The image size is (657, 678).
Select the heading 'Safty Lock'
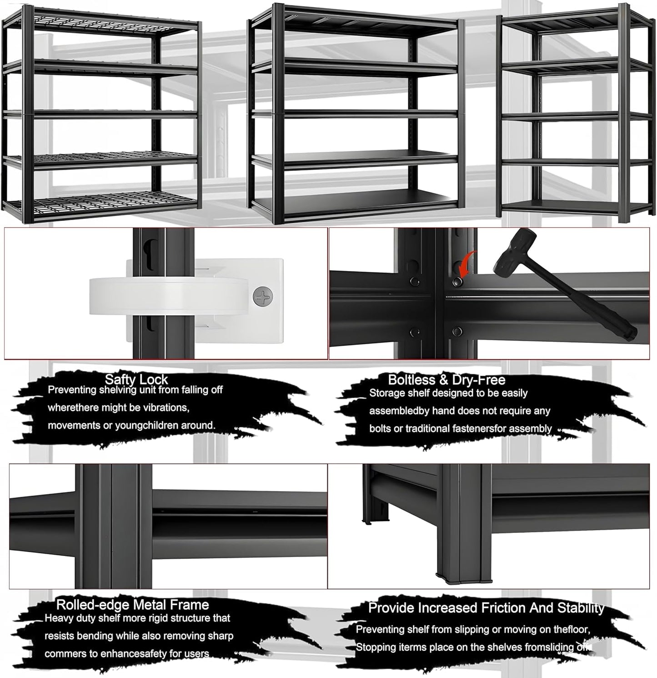136,379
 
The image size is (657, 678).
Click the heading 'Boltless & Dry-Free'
446,380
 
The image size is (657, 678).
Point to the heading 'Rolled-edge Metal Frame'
132,605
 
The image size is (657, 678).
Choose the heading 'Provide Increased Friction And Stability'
486,608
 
